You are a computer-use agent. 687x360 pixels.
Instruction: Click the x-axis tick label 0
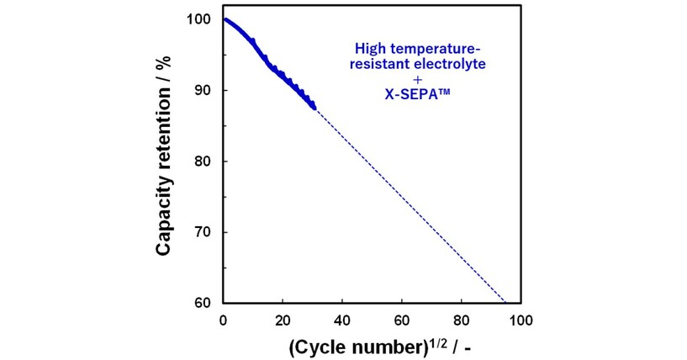coord(223,320)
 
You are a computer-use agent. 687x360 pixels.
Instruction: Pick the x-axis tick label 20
coord(283,320)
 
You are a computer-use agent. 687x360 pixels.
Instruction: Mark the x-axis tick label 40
coord(342,320)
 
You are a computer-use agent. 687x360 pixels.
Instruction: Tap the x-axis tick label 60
coord(402,320)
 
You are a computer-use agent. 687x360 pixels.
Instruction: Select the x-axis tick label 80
coord(462,320)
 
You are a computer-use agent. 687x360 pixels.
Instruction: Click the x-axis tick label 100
coord(521,320)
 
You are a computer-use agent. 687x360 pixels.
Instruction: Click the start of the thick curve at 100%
coord(225,19)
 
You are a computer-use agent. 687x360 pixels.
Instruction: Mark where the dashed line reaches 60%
coord(505,302)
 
